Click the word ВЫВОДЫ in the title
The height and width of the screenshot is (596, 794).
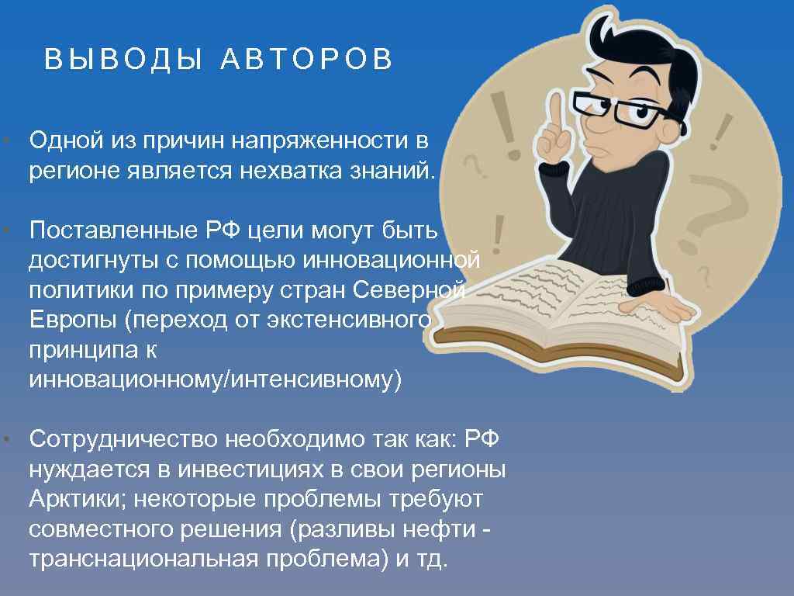click(123, 60)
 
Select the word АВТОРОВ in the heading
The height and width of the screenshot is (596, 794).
click(307, 60)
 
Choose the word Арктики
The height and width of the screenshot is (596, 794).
click(74, 499)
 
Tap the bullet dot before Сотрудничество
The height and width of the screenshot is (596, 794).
click(5, 440)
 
